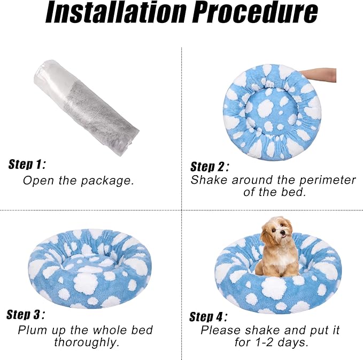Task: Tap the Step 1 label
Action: pyautogui.click(x=27, y=164)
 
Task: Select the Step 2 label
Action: pyautogui.click(x=210, y=166)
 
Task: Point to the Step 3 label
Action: pyautogui.click(x=25, y=315)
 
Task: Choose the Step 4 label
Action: pyautogui.click(x=208, y=317)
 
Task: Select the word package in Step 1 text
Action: pyautogui.click(x=107, y=181)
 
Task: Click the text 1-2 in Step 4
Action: pyautogui.click(x=265, y=342)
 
